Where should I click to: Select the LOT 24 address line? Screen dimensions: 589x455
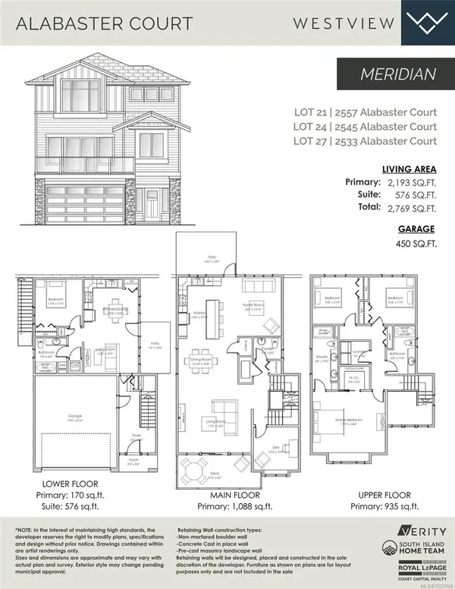(x=366, y=126)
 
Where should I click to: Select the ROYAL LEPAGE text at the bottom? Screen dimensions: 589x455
(x=414, y=567)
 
